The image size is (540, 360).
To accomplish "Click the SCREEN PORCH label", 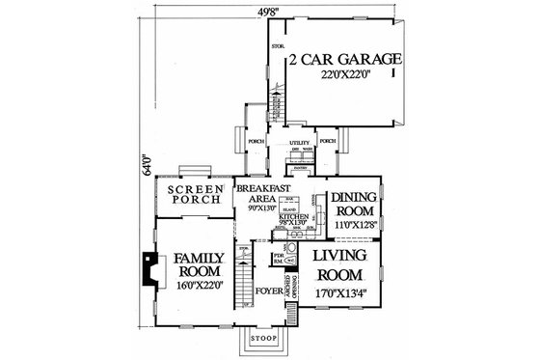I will point(197,195).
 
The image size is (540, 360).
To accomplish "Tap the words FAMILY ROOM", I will point(200,265).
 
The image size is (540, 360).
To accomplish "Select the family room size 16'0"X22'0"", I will point(200,285).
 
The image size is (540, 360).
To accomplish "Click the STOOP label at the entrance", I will point(262,340).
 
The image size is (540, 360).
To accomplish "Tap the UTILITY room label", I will point(298,141).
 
